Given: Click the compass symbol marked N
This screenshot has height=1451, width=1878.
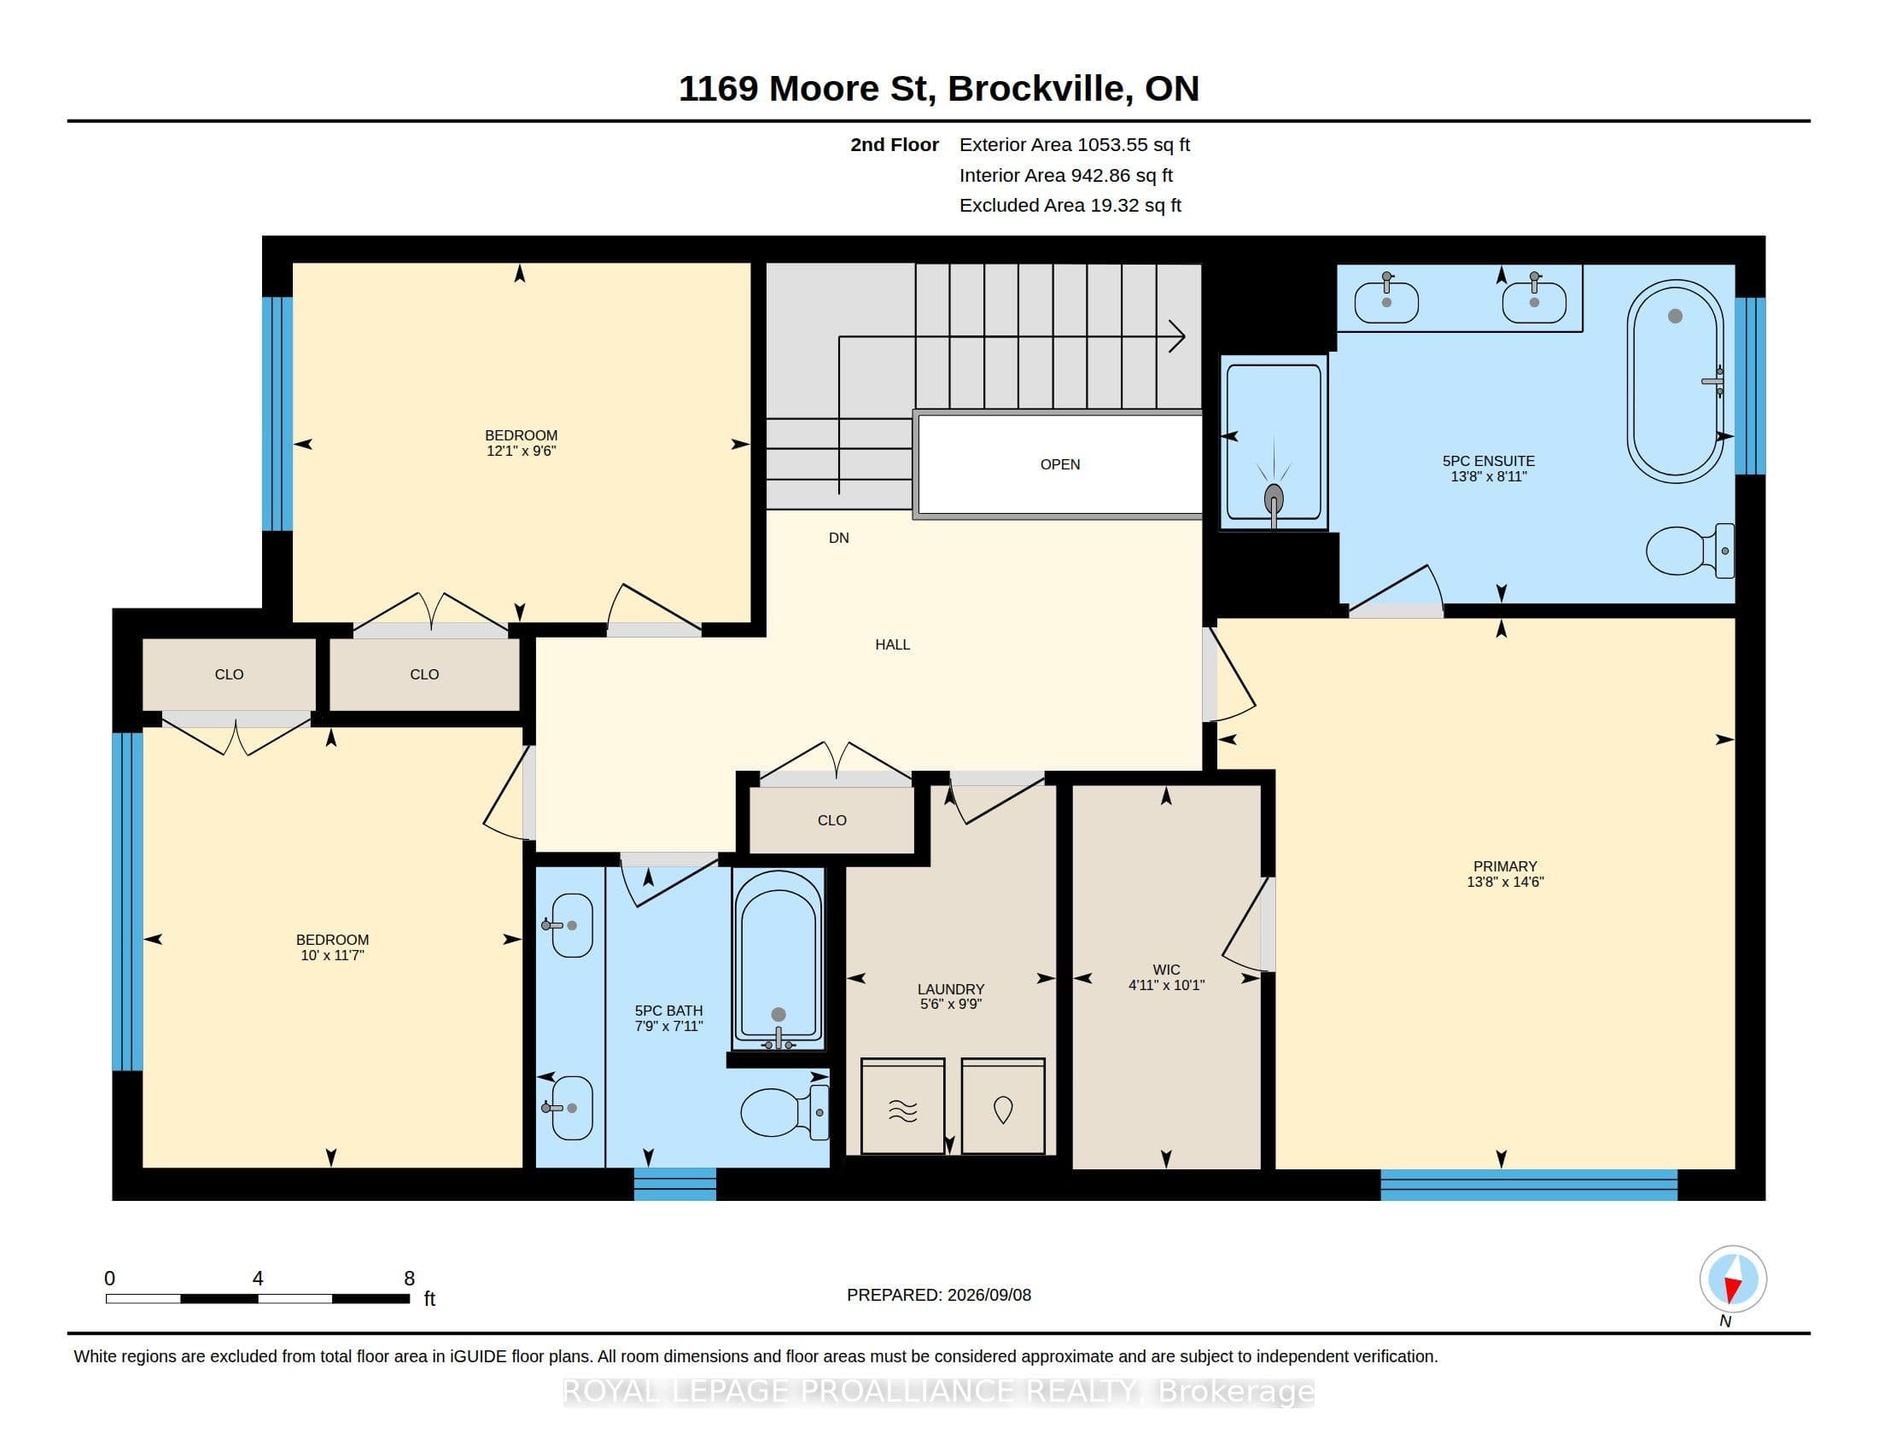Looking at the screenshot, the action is [1733, 1279].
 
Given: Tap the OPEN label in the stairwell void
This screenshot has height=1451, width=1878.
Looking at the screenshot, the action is [1059, 464].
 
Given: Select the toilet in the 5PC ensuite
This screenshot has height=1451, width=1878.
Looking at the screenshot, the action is [1689, 551].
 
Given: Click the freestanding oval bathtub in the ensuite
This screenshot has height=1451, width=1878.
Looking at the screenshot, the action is [1675, 381].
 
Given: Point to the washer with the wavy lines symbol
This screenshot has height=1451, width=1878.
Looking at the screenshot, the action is [903, 1105].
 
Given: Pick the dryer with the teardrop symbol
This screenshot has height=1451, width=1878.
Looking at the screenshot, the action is [1004, 1105].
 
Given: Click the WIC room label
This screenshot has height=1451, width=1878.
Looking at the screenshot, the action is [1166, 970].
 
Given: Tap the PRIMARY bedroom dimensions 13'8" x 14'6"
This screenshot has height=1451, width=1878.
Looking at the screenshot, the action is [1505, 881].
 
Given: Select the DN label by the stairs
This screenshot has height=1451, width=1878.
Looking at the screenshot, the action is [838, 538].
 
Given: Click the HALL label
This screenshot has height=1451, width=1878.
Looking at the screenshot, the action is [893, 644].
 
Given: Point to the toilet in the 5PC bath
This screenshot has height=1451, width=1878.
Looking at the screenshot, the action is [784, 1111].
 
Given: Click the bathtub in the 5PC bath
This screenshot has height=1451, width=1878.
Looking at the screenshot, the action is [779, 959].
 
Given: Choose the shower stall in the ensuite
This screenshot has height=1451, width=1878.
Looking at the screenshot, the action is [1274, 442].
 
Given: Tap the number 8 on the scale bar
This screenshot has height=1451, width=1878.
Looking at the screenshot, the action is [409, 1279].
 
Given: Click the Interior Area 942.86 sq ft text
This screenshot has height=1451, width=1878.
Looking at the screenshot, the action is [1065, 175].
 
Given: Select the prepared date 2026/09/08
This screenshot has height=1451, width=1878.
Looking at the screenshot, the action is [988, 1295].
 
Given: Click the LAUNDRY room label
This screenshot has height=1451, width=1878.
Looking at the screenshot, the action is [950, 989].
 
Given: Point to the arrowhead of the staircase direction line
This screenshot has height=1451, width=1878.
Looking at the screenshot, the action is [1178, 336].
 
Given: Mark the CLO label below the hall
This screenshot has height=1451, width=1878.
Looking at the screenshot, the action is [831, 820].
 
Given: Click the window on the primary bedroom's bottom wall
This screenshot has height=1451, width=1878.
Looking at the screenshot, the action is [1528, 1185].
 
